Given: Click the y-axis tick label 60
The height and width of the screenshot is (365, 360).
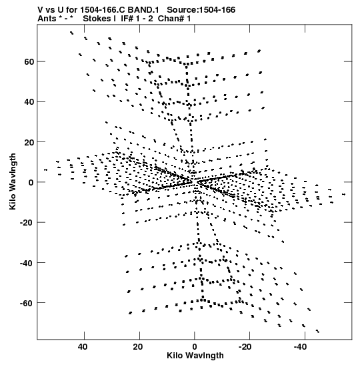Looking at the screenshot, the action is click(29, 61).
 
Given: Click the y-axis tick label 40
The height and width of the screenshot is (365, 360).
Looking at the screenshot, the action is click(29, 101).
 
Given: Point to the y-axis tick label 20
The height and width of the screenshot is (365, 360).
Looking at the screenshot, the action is click(29, 142).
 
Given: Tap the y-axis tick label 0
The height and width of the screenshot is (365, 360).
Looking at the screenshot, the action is click(31, 182).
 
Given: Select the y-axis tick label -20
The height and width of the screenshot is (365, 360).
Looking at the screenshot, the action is click(27, 223).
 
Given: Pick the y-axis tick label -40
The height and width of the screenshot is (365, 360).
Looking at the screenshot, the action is click(27, 263).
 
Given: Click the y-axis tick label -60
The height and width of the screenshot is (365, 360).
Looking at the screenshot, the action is click(27, 303).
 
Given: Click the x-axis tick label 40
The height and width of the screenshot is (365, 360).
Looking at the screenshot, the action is click(83, 347).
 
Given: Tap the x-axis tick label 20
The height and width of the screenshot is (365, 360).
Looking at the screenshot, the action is click(138, 347).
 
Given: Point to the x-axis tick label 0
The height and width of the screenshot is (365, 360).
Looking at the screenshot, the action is click(195, 347).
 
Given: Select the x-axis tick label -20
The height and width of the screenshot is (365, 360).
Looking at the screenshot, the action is click(245, 347).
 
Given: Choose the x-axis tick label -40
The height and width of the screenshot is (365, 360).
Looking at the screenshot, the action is click(301, 347).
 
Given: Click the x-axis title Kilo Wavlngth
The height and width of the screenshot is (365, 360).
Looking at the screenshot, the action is click(195, 356).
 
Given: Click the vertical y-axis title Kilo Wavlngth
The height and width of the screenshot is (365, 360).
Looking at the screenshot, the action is click(13, 181).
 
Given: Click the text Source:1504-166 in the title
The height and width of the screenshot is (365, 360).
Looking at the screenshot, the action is click(201, 10).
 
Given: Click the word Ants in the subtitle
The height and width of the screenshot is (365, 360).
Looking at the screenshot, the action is click(47, 19).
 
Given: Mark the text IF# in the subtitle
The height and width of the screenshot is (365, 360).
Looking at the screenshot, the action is click(127, 19).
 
